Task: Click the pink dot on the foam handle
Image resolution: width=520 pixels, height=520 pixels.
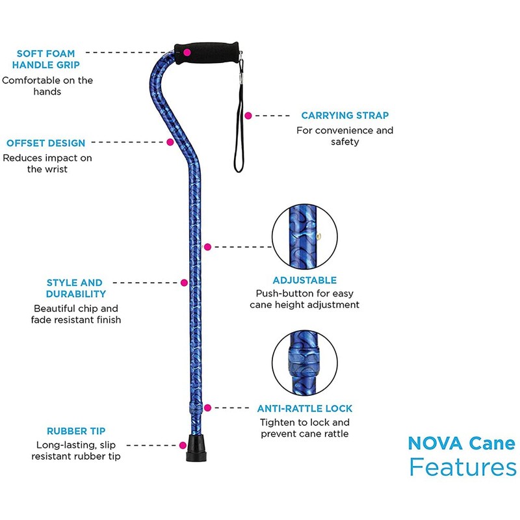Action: [x=187, y=51]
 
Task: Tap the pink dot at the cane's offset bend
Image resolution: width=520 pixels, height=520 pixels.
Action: [x=170, y=142]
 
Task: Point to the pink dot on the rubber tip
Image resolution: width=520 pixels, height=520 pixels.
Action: [x=183, y=445]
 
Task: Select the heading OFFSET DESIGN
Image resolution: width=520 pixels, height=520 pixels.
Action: [x=45, y=143]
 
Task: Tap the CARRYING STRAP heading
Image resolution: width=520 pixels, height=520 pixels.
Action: [x=344, y=116]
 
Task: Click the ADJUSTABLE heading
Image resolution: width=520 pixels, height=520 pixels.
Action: [x=305, y=280]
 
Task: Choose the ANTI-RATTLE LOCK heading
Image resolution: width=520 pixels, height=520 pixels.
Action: [x=305, y=409]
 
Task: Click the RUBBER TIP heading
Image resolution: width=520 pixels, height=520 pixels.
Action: [x=76, y=431]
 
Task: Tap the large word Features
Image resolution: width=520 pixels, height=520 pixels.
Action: [x=462, y=468]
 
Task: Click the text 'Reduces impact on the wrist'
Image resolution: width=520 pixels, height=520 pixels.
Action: [x=47, y=163]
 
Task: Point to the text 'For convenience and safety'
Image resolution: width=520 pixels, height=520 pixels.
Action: [x=344, y=136]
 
